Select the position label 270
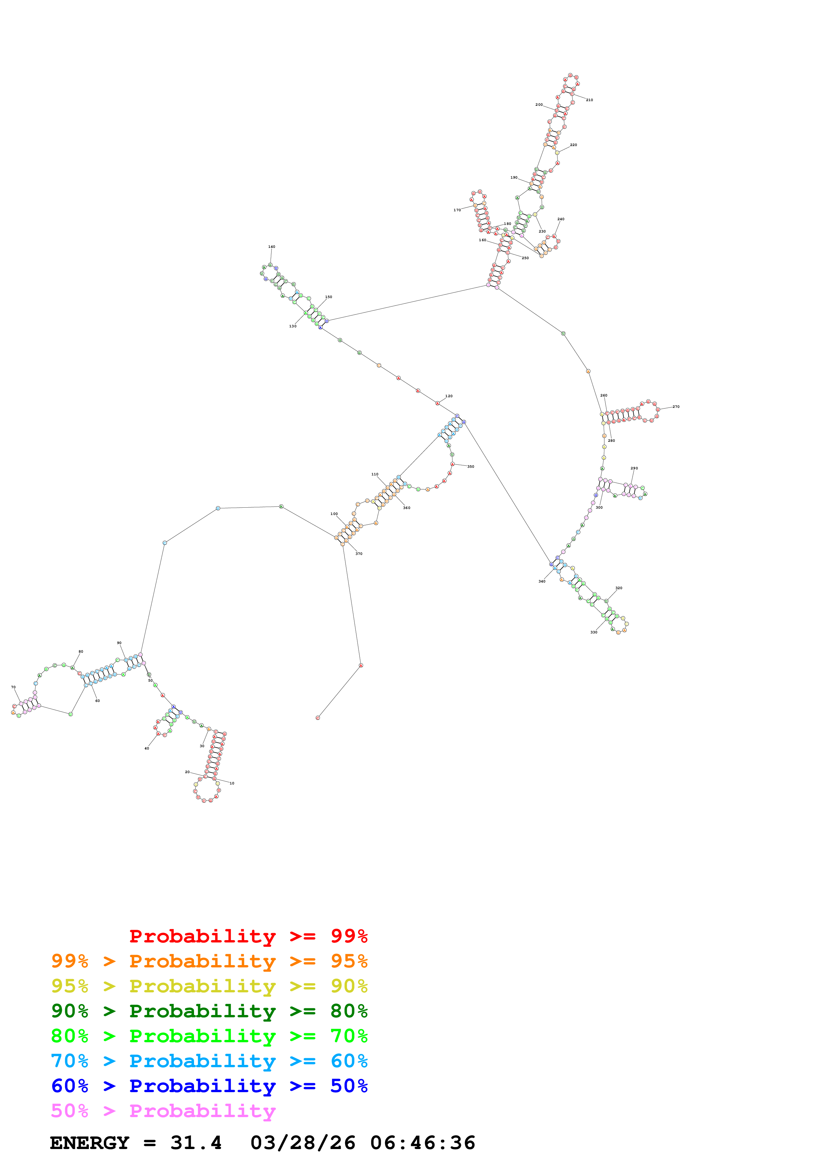pos(676,407)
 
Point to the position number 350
pos(471,467)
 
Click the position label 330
pos(594,632)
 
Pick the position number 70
pos(13,687)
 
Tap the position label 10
pos(232,783)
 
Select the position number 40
pos(147,748)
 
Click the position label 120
pos(449,396)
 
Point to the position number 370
pos(359,554)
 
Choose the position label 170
pos(457,210)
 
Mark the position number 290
pos(634,468)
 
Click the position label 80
pos(81,652)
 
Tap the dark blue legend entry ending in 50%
pos(209,1086)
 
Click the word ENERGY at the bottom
pos(90,1143)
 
